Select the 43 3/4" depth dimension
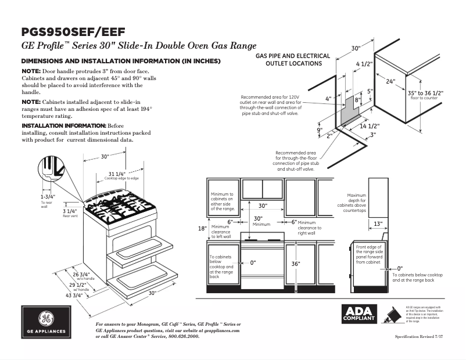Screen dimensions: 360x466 click(73, 295)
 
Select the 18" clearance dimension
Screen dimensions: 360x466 click(202, 228)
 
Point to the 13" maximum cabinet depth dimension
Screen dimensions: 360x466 click(378, 224)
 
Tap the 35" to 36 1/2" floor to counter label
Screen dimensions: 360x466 click(425, 93)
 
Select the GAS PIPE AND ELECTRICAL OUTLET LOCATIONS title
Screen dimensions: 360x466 click(293, 60)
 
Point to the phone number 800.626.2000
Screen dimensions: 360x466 click(181, 336)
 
